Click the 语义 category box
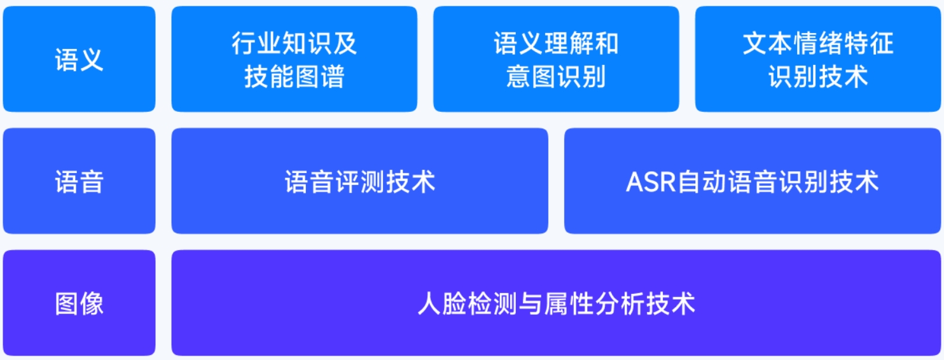(80, 59)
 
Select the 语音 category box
(80, 181)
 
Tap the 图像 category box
(80, 303)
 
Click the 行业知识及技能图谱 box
(294, 59)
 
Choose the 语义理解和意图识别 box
(556, 59)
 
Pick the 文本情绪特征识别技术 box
(817, 59)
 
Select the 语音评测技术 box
(360, 181)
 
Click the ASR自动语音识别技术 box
(753, 181)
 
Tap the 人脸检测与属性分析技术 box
(556, 303)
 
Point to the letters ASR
(651, 182)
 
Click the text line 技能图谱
(294, 76)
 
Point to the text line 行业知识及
(294, 43)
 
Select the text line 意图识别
(556, 76)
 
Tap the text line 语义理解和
(556, 43)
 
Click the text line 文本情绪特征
(817, 43)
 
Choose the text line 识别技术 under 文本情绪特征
(817, 76)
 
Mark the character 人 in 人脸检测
(429, 303)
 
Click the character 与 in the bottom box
(531, 303)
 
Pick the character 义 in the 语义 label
(92, 59)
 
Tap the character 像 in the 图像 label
(92, 303)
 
